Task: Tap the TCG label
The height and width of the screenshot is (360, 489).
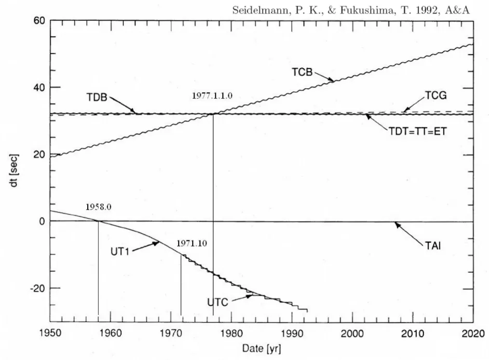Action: (435, 96)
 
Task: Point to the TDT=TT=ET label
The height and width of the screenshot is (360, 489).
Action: (418, 132)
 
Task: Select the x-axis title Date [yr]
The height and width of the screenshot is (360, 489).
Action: (265, 348)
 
